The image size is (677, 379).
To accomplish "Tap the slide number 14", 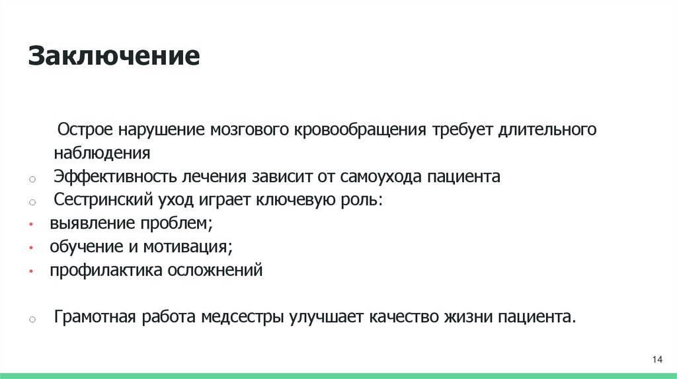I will tap(657, 359).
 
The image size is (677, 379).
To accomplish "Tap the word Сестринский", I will tap(102, 200).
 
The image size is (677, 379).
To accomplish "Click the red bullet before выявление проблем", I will tap(32, 225).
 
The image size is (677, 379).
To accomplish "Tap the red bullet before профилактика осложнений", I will tap(32, 271).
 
